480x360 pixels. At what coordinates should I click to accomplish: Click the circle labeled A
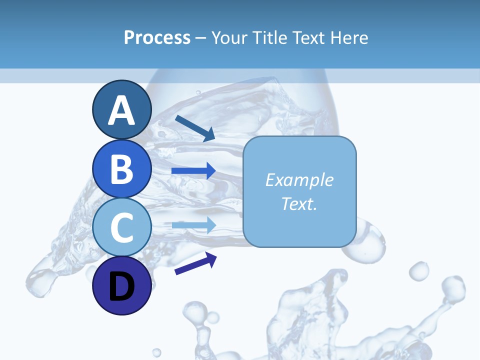point(122,109)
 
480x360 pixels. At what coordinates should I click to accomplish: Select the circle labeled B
point(122,168)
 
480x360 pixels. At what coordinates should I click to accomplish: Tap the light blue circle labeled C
point(122,227)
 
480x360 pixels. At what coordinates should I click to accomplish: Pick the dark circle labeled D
point(122,286)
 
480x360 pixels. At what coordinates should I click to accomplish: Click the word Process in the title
point(157,37)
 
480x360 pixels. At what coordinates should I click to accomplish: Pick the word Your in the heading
point(229,37)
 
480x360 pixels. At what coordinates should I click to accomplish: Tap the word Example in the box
point(299,180)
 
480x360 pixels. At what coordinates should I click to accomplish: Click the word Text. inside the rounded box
point(299,203)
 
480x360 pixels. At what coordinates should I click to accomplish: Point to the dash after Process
point(200,38)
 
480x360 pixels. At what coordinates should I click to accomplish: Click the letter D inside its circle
point(122,287)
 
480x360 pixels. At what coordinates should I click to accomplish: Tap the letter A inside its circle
point(122,110)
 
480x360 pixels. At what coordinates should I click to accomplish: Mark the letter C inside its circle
point(122,228)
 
